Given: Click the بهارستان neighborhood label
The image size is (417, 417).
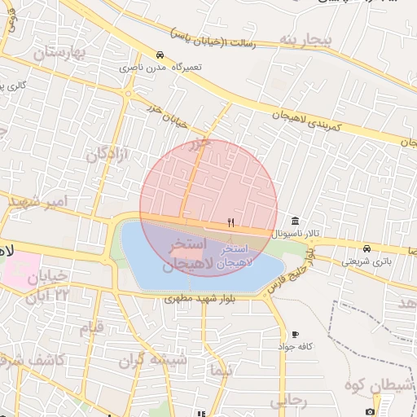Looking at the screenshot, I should point(60,54).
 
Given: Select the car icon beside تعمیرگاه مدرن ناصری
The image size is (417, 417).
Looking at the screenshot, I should point(160,55).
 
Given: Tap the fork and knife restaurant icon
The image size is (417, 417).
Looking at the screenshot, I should point(231,222).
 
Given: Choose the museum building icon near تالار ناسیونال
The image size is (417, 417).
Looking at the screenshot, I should point(294,222).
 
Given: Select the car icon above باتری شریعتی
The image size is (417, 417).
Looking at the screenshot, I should point(367,248).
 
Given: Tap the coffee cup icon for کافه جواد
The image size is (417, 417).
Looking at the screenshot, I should point(295,334).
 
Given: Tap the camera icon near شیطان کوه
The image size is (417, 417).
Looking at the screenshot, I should point(371,410).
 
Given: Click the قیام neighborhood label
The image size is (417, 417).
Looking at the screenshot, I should point(91,328).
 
